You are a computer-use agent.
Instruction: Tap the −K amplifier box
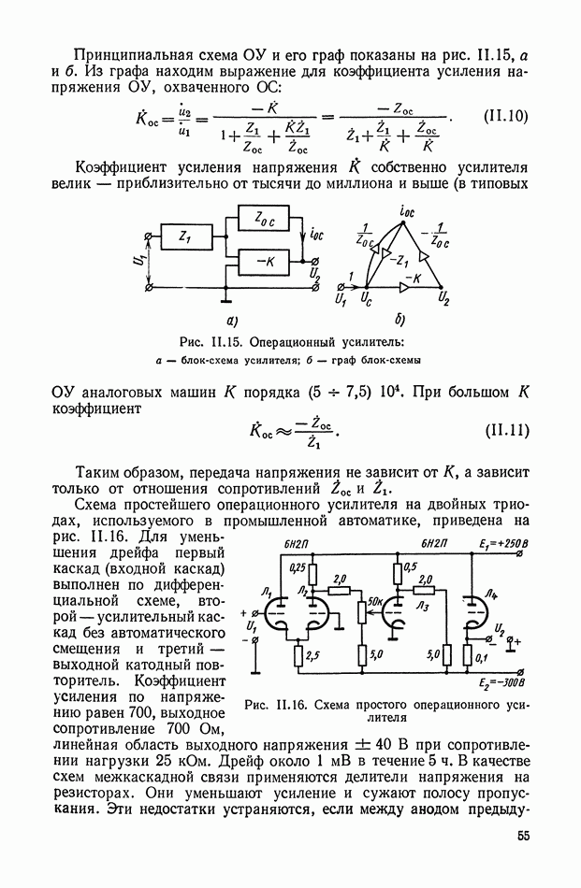pyautogui.click(x=263, y=263)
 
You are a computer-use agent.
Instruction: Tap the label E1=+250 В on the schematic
pyautogui.click(x=502, y=542)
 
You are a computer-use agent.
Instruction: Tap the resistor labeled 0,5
pyautogui.click(x=398, y=571)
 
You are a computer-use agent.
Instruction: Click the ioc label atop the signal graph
pyautogui.click(x=405, y=213)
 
